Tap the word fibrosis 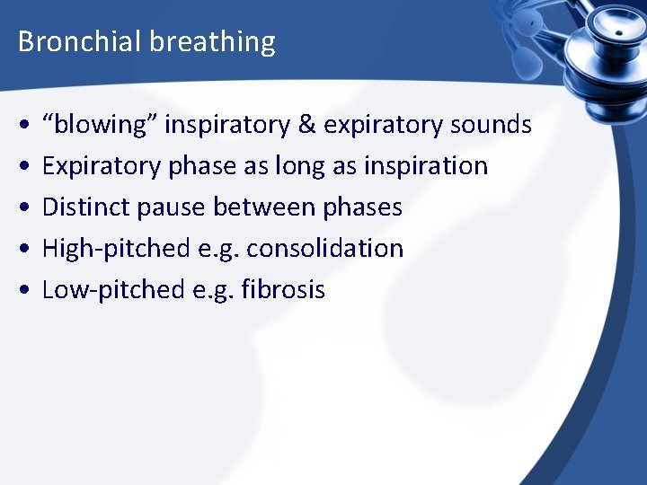click(x=283, y=290)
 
